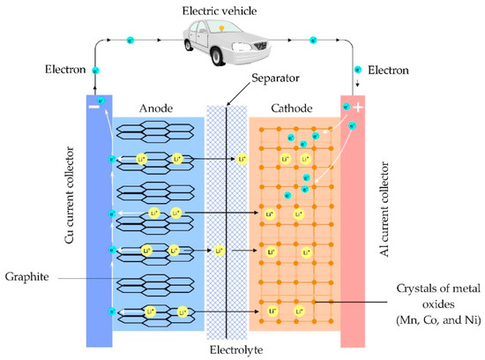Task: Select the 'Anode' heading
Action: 157,109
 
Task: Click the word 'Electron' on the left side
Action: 65,68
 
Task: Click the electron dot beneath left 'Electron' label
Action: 96,71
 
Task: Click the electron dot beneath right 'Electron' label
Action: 358,68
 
